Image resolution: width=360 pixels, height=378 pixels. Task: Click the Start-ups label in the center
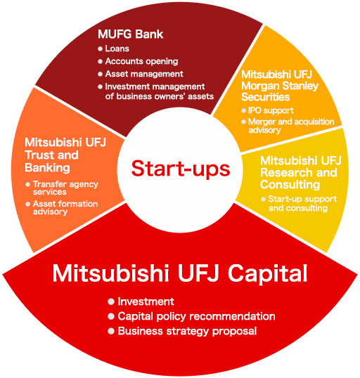(x=181, y=169)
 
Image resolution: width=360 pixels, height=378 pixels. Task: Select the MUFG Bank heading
(x=130, y=34)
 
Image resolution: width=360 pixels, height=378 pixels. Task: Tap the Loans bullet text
(x=117, y=48)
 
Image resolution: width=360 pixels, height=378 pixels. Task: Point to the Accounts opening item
(x=141, y=61)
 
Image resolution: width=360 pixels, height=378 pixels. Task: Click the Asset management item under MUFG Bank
(x=144, y=74)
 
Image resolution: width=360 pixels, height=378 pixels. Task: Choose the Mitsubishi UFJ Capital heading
(x=180, y=273)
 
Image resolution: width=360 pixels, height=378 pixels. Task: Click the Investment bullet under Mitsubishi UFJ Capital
(x=146, y=301)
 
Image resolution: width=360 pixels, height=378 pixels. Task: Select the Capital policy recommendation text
(x=196, y=316)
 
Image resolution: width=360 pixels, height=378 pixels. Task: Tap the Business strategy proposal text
(x=187, y=331)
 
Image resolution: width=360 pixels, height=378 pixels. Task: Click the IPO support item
(x=271, y=110)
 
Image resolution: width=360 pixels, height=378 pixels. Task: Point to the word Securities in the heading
(x=265, y=97)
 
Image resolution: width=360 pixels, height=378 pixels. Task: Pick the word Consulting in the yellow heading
(x=290, y=185)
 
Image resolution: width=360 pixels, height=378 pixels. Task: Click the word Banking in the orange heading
(x=47, y=168)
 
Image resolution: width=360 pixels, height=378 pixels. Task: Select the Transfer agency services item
(x=65, y=188)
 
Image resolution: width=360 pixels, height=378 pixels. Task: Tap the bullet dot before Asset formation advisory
(x=27, y=204)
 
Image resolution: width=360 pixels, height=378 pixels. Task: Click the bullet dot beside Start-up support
(x=263, y=200)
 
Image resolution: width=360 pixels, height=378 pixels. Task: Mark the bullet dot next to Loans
(x=100, y=48)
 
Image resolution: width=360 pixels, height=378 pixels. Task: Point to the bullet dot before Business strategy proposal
(x=111, y=331)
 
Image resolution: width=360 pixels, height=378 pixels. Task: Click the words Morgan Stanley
(x=280, y=86)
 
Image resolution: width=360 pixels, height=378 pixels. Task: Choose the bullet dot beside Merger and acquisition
(x=243, y=122)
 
